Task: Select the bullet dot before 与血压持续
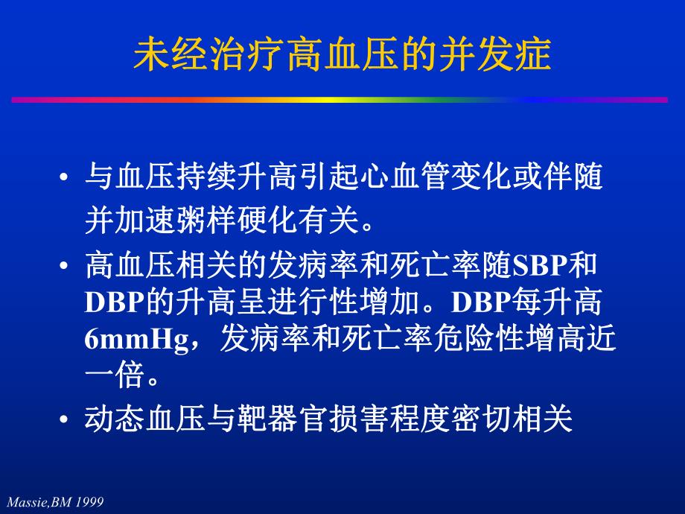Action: coord(66,178)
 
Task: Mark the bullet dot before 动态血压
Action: coord(66,421)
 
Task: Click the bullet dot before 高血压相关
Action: coord(66,266)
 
